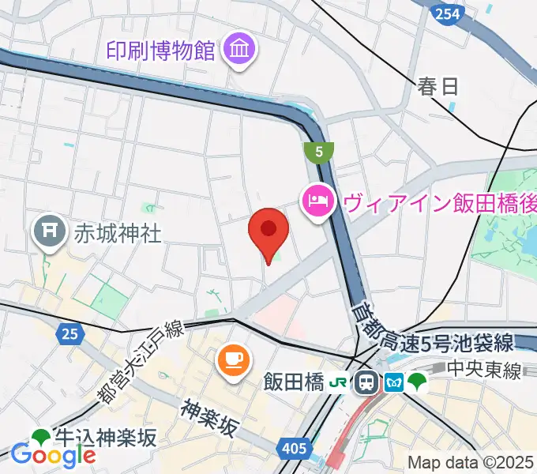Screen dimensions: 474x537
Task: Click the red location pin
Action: click(268, 231)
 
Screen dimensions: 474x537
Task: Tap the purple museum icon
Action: click(238, 51)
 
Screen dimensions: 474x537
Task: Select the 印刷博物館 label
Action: click(161, 51)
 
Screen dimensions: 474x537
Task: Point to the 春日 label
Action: click(438, 85)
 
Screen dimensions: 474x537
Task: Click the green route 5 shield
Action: click(319, 150)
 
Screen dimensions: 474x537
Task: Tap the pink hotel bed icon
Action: click(317, 201)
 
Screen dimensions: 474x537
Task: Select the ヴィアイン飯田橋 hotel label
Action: click(438, 202)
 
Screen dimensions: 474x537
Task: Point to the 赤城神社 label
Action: click(118, 233)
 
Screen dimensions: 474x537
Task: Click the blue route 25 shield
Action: click(69, 335)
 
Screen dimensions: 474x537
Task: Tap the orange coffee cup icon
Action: click(232, 360)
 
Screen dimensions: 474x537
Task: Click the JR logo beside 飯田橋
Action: click(339, 383)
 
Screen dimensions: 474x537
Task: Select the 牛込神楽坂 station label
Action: click(104, 436)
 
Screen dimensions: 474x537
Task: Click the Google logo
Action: click(53, 454)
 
